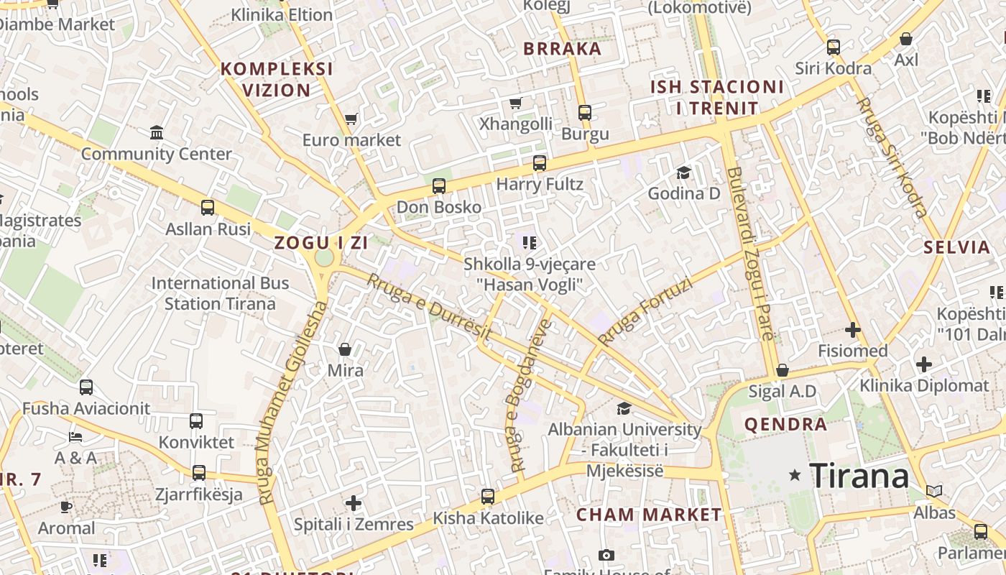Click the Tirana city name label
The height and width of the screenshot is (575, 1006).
[x=859, y=476]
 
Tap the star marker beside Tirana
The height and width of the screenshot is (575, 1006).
[x=795, y=475]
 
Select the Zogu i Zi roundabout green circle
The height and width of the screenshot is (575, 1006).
[x=324, y=257]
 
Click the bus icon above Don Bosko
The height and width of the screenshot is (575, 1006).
[x=439, y=186]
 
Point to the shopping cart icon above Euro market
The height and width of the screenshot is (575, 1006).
[x=351, y=119]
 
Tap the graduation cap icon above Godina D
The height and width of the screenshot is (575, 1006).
[x=683, y=172]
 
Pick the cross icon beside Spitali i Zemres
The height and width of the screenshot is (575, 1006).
[x=353, y=502]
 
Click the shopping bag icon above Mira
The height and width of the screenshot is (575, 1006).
[x=345, y=349]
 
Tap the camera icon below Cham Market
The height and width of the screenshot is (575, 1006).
[x=606, y=555]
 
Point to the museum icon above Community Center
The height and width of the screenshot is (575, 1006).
[x=157, y=133]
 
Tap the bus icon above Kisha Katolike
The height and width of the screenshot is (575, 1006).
[x=488, y=496]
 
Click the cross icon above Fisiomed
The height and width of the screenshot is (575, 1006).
[x=853, y=330]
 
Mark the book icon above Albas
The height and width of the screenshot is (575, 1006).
[x=933, y=492]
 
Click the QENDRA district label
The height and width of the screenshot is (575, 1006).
[x=785, y=424]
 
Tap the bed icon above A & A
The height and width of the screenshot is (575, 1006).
[x=75, y=436]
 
